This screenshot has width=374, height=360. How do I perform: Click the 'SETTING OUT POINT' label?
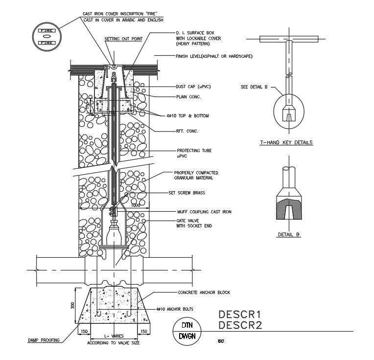[120, 38]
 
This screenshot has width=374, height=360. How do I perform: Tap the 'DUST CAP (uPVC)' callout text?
[197, 87]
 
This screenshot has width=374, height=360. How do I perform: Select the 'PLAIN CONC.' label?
[188, 96]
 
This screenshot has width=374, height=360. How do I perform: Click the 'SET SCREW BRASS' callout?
[186, 193]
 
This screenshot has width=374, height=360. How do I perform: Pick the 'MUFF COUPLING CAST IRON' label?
[204, 212]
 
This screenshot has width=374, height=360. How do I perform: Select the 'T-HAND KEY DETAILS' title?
[286, 143]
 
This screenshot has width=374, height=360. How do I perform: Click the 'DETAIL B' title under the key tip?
[288, 235]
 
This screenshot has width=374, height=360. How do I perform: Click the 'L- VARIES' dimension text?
[114, 336]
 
